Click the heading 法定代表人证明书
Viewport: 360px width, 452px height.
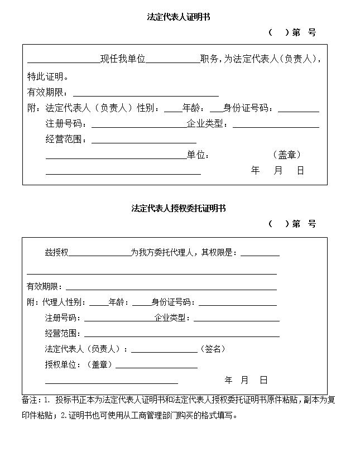coord(179,17)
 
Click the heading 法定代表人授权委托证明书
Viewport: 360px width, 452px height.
coord(179,208)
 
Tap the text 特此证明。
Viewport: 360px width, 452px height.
coord(49,76)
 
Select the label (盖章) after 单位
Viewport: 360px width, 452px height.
coord(287,155)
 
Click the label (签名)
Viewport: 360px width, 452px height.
coord(213,349)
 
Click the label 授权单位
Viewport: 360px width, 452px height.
coord(63,364)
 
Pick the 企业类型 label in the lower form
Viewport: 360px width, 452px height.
coord(172,318)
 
